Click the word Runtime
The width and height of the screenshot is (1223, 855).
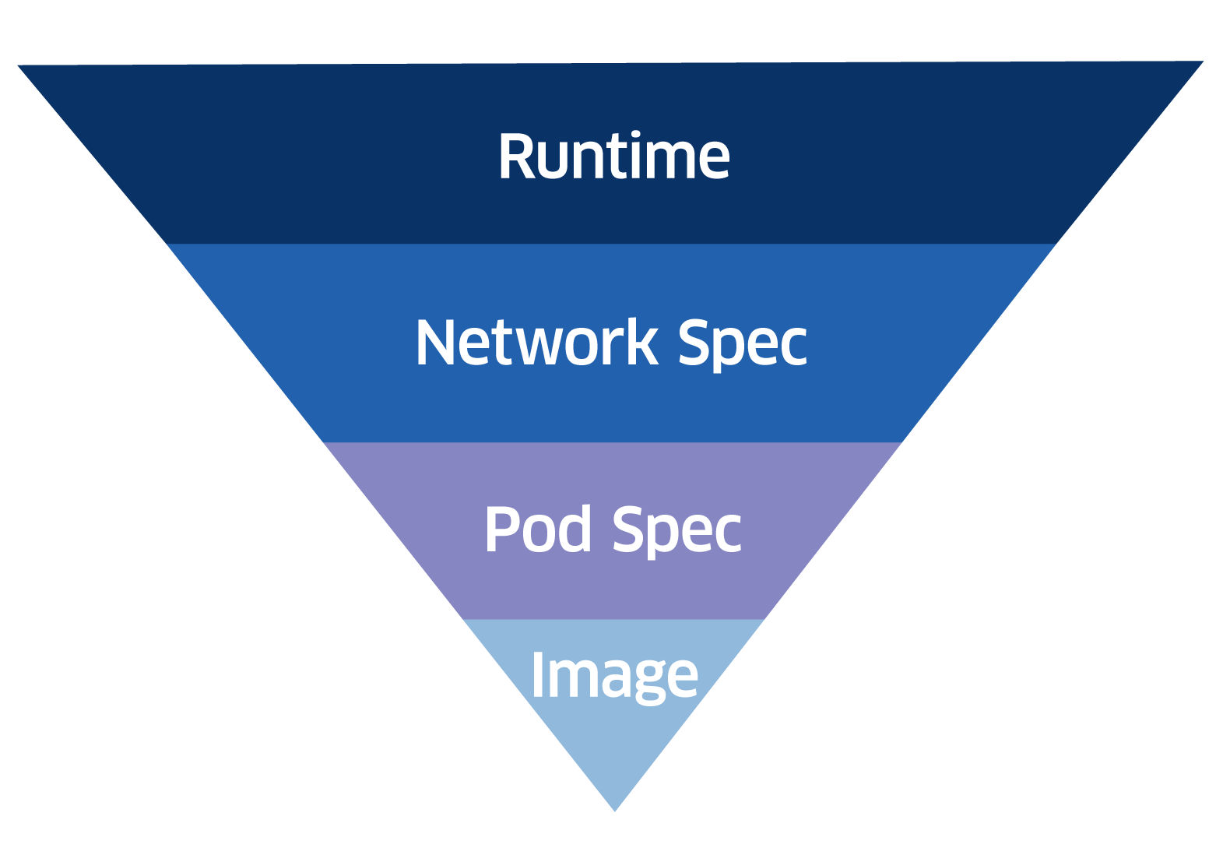pyautogui.click(x=613, y=157)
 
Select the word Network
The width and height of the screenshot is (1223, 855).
pyautogui.click(x=536, y=343)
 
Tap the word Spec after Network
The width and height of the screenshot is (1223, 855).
pyautogui.click(x=742, y=344)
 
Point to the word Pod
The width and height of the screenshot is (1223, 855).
pyautogui.click(x=538, y=530)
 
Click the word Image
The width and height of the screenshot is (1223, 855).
pyautogui.click(x=614, y=676)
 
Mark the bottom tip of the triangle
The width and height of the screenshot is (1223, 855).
pyautogui.click(x=615, y=811)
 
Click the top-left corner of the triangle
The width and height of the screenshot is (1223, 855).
pyautogui.click(x=19, y=65)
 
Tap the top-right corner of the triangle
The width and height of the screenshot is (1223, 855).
pyautogui.click(x=1204, y=62)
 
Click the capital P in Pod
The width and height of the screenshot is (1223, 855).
pyautogui.click(x=500, y=530)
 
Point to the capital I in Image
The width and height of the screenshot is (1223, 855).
pyautogui.click(x=536, y=674)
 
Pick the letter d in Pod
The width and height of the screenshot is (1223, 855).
pyautogui.click(x=575, y=529)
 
